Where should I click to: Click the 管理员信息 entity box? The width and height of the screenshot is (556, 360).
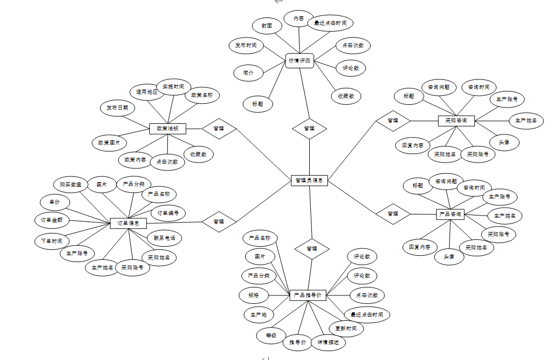click(x=310, y=181)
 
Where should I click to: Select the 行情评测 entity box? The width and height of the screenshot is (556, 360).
click(x=300, y=61)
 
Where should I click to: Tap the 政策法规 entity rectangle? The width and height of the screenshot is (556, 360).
click(x=167, y=129)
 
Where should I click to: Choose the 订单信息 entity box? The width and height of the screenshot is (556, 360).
click(x=128, y=223)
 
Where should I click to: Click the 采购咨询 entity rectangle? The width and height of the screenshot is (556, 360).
click(x=456, y=121)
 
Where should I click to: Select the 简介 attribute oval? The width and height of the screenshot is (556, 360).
click(x=248, y=73)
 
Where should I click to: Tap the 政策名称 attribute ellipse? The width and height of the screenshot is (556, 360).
click(x=202, y=95)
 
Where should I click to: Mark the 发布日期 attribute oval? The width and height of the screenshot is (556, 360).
click(x=117, y=108)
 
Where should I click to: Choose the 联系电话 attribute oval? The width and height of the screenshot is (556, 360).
click(x=164, y=238)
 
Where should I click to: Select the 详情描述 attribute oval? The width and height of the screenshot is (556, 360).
click(x=328, y=343)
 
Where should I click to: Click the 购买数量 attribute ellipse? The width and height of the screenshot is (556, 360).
click(x=70, y=185)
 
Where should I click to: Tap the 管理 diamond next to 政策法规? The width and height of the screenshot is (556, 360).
click(x=219, y=128)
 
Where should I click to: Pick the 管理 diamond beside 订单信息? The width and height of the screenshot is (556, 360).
click(x=219, y=221)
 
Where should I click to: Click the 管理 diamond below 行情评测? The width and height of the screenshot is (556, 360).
click(x=309, y=128)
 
